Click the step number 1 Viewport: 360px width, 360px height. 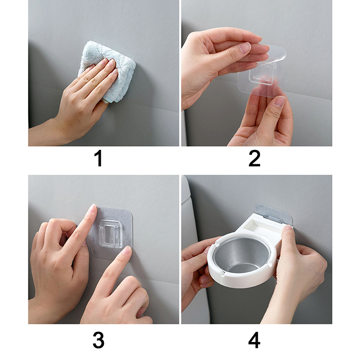click(x=98, y=158)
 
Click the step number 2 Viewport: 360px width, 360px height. click(x=254, y=158)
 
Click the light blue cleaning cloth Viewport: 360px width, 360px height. click(x=108, y=69)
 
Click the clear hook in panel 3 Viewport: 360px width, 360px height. click(x=110, y=234)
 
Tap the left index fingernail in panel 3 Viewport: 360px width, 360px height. click(x=92, y=209)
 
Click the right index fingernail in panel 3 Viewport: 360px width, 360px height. click(x=127, y=250)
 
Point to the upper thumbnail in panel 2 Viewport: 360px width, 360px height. click(x=245, y=48)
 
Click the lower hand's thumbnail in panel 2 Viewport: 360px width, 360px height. click(x=280, y=102)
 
